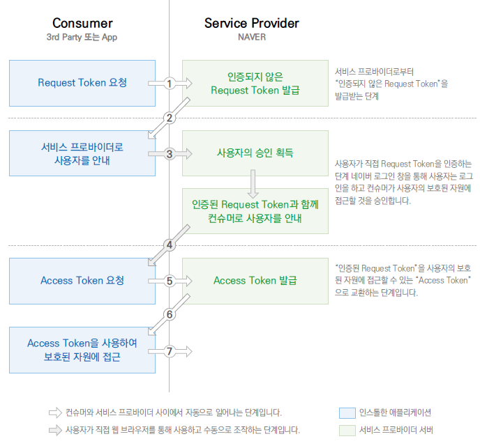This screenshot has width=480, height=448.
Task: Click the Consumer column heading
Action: (x=82, y=24)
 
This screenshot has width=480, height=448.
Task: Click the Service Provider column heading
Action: (x=251, y=23)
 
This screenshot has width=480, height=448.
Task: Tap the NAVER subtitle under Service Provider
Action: (x=251, y=38)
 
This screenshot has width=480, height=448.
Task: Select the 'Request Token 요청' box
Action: (x=82, y=83)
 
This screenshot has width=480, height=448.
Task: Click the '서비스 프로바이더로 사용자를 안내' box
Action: (x=82, y=153)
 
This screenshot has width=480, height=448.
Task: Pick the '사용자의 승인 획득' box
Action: (x=255, y=153)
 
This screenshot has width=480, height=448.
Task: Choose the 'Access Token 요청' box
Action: (x=82, y=281)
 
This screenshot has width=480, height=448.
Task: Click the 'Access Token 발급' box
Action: (x=255, y=281)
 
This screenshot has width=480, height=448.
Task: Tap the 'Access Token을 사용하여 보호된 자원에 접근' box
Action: (x=82, y=350)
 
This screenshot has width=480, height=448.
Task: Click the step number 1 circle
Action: (x=170, y=84)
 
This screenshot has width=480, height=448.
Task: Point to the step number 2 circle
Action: (x=170, y=118)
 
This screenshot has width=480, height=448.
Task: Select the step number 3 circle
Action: (x=170, y=154)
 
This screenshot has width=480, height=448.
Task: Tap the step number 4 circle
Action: (x=170, y=245)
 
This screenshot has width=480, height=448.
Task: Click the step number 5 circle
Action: (x=170, y=281)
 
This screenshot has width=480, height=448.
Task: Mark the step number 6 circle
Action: (x=170, y=314)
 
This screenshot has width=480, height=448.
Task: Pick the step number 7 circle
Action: (x=170, y=350)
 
